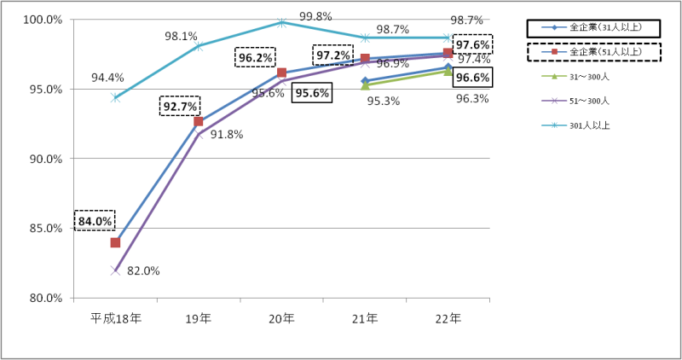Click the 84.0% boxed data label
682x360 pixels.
click(94, 221)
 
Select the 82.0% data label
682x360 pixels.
click(143, 271)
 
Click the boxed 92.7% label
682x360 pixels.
click(179, 107)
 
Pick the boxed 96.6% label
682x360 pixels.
click(472, 78)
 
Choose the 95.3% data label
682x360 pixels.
click(384, 101)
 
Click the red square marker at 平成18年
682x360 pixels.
click(115, 243)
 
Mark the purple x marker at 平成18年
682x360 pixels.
click(114, 270)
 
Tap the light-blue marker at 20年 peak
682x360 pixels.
click(282, 22)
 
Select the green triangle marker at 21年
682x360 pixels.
click(365, 85)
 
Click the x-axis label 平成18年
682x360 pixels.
click(114, 318)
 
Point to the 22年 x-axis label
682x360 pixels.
click(448, 318)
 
